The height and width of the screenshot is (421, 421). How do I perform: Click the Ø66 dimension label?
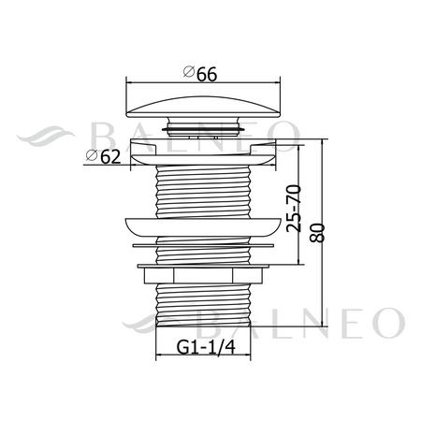pos(200,74)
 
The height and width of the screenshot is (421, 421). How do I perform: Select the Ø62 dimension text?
pos(103,156)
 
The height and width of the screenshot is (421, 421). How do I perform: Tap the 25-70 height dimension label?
pos(294,209)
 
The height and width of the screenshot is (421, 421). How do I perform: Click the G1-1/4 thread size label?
pos(206,347)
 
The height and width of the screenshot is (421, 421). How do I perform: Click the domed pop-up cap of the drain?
pos(203,107)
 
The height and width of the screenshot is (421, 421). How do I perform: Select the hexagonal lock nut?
pos(203,276)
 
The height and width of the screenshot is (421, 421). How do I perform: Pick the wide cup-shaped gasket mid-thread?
pos(203,226)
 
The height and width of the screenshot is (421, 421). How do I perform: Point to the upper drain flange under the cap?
pos(203,152)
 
